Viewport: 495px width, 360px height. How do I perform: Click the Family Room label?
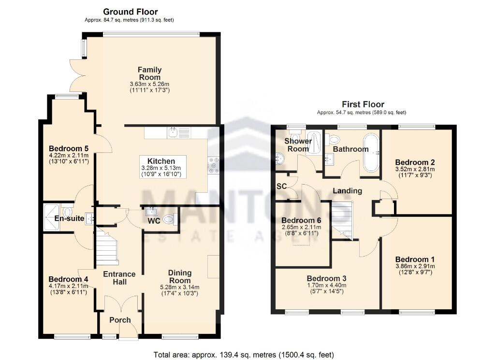coord(150,73)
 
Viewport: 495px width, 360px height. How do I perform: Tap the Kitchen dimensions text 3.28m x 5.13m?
coord(158,168)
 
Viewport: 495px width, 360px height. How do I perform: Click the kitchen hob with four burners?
coord(213,165)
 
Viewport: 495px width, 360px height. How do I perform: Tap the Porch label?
coord(120,320)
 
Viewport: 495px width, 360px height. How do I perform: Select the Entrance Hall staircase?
coord(107,246)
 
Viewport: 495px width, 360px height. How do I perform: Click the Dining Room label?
coord(180,276)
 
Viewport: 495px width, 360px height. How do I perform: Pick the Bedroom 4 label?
coord(68,279)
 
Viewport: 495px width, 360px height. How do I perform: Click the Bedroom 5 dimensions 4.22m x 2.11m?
coord(68,156)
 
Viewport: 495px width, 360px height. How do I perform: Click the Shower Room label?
coord(298,145)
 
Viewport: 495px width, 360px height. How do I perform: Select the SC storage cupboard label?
coord(282,186)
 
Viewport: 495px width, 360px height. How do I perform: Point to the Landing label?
coord(348,191)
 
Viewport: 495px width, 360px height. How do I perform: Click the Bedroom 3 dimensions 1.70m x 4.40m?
coord(327,285)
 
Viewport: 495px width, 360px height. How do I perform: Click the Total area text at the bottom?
coord(244,355)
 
